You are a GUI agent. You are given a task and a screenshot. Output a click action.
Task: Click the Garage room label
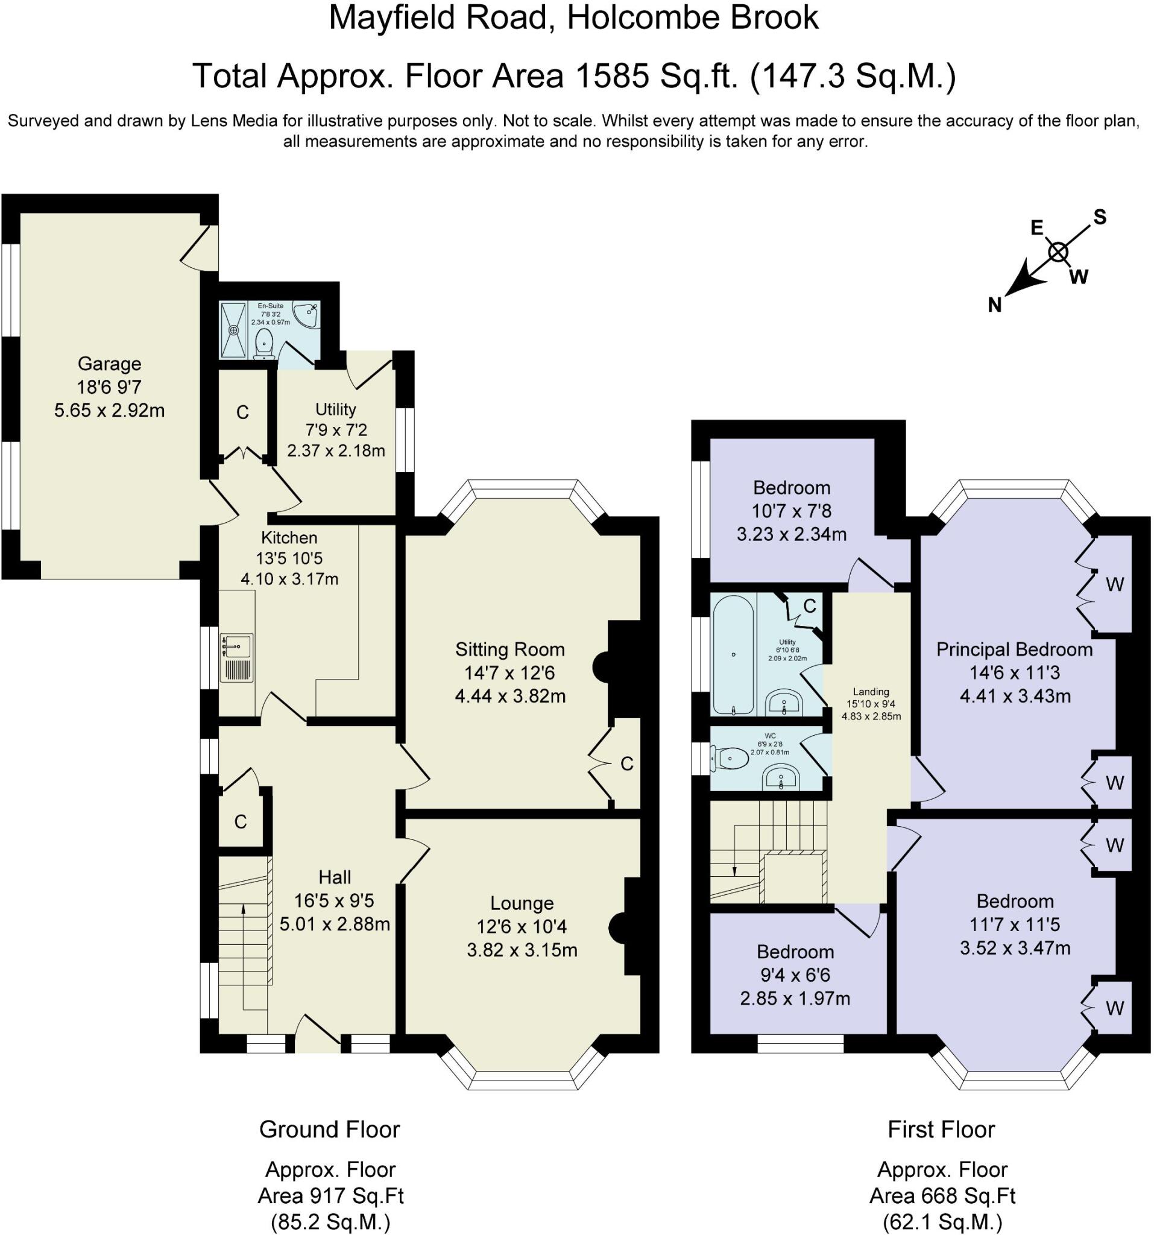tap(109, 364)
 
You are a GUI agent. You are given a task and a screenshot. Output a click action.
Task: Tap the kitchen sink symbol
tap(236, 646)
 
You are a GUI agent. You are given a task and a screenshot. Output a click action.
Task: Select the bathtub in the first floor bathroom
tap(734, 654)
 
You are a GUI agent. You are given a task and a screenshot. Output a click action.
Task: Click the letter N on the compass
tap(994, 305)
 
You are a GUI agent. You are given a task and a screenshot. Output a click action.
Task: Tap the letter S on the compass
tap(1100, 217)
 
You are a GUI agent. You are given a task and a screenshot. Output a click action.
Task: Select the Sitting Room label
tap(510, 650)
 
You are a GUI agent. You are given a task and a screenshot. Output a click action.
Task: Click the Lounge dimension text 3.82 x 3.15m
tap(522, 950)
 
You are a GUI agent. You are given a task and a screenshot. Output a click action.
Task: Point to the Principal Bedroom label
tap(1014, 650)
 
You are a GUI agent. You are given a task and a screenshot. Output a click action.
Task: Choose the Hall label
tap(335, 877)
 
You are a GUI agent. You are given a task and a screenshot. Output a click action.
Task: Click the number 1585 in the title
tap(613, 76)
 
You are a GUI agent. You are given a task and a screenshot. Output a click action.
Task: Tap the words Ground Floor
tap(329, 1129)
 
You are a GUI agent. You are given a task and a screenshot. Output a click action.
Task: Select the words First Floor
tap(942, 1129)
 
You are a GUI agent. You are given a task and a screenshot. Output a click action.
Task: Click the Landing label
tap(871, 692)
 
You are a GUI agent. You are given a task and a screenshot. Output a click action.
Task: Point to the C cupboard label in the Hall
tap(241, 823)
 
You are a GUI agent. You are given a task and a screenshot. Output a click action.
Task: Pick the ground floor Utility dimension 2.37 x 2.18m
tap(336, 450)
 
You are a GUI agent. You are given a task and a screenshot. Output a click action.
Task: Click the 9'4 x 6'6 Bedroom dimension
tap(795, 975)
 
